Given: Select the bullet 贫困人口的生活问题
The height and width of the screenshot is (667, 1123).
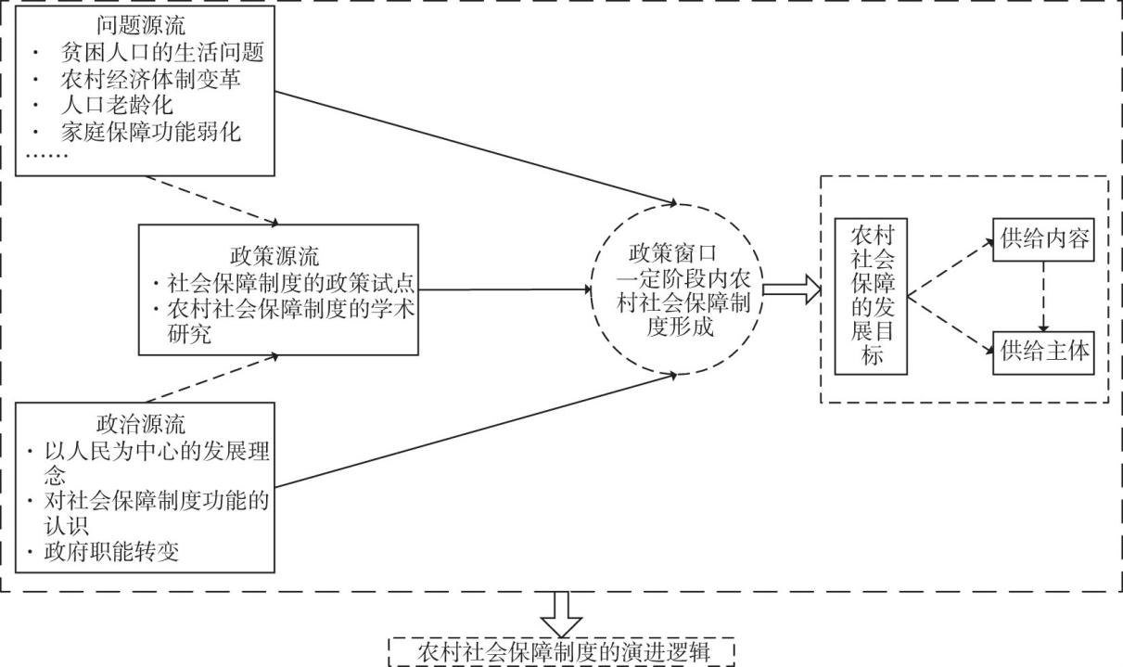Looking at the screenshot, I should click(162, 52).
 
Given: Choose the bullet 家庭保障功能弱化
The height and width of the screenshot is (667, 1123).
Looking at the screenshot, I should click(150, 132).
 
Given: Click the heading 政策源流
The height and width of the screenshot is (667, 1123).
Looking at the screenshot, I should click(273, 254).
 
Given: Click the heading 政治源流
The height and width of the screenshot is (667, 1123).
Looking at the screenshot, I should click(142, 426).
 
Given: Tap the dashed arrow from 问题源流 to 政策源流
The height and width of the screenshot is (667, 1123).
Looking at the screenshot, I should click(213, 199).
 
